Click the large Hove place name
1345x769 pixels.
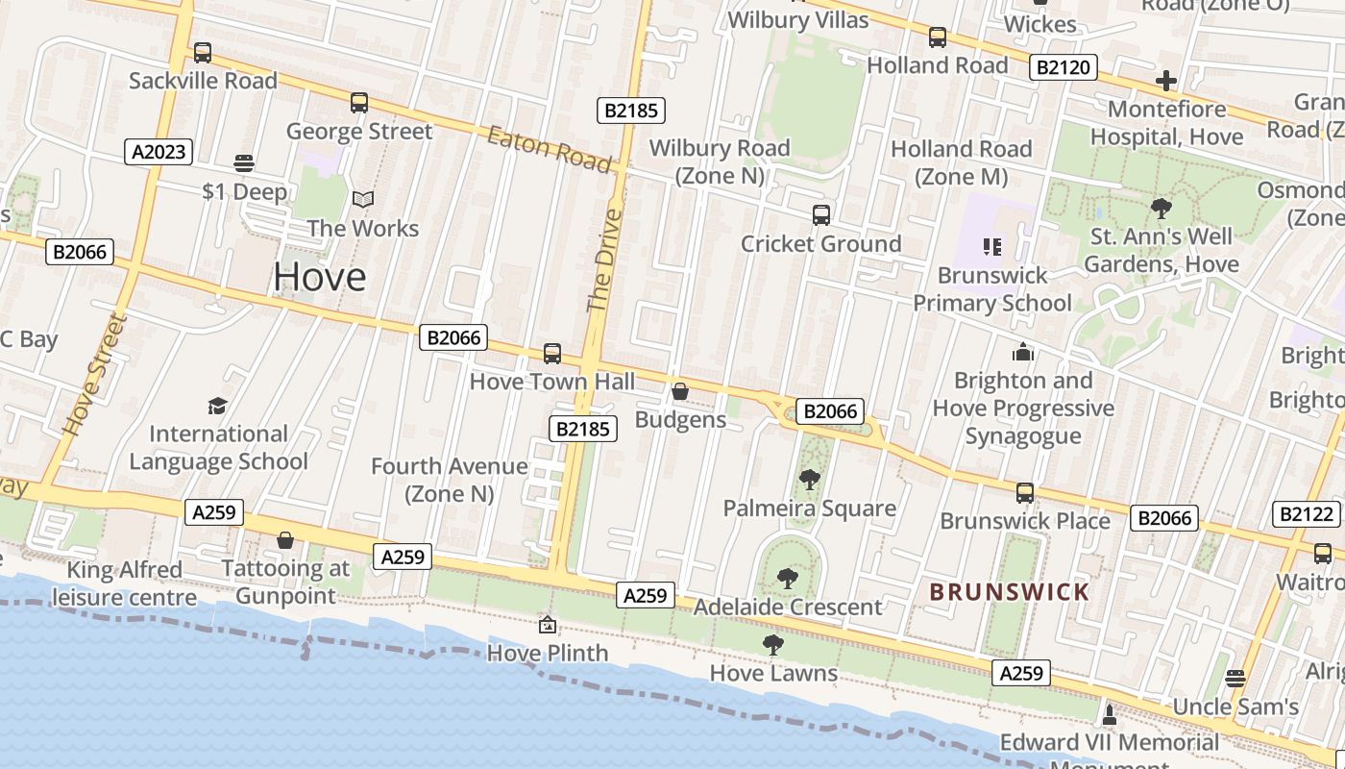[320, 277]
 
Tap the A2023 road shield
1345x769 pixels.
[159, 151]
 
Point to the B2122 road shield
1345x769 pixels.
[1306, 513]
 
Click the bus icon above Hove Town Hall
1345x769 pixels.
[552, 353]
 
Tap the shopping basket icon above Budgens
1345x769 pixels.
[679, 391]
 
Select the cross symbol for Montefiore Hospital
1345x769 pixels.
[1166, 81]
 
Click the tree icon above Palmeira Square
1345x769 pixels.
[810, 479]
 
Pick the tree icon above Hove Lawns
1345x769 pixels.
[773, 644]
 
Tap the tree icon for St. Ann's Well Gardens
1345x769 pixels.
[1162, 207]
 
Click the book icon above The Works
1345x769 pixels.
[362, 199]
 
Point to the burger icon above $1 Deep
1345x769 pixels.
[244, 163]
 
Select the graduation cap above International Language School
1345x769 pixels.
[218, 406]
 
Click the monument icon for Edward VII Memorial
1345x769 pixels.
[1110, 713]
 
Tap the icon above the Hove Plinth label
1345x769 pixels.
[548, 625]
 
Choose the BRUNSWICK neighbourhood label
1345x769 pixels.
[1010, 592]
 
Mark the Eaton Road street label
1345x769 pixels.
[549, 149]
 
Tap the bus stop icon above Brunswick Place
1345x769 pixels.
[1025, 493]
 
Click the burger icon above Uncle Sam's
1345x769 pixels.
[1235, 678]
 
